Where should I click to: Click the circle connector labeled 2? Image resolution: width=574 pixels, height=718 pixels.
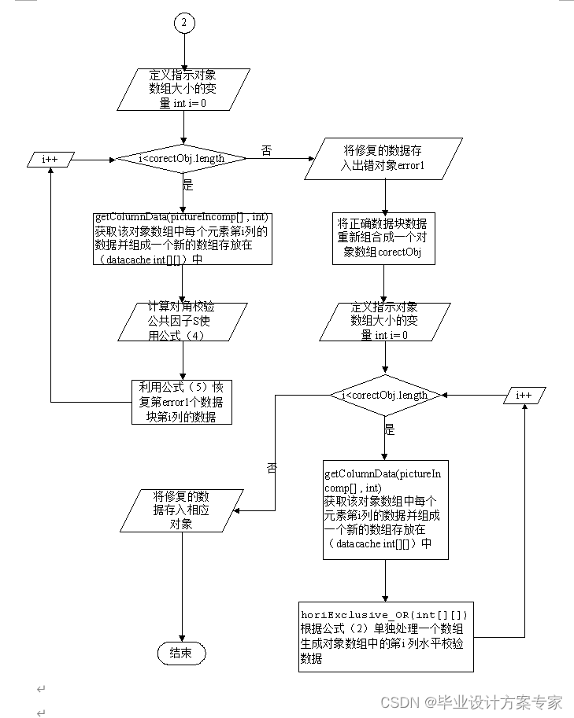(x=183, y=23)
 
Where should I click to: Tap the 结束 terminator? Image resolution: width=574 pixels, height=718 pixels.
(x=182, y=653)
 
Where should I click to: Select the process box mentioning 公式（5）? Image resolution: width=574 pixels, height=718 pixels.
(x=183, y=402)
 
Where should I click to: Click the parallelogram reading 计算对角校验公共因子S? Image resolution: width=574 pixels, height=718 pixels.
(x=183, y=322)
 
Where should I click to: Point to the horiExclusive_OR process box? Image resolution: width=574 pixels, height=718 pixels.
(x=386, y=637)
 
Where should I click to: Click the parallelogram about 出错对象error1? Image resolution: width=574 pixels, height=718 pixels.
(x=385, y=157)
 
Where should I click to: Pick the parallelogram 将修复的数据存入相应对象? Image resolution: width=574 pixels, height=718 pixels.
(x=182, y=510)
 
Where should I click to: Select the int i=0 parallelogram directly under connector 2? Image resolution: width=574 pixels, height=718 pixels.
(x=183, y=90)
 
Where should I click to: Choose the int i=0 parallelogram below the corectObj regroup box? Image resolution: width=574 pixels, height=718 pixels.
(x=385, y=321)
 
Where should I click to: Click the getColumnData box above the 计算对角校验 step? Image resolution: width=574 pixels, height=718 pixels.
(x=183, y=237)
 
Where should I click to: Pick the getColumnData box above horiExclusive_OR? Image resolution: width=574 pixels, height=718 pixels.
(x=385, y=510)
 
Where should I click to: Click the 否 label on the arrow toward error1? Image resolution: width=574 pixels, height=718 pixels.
(x=266, y=149)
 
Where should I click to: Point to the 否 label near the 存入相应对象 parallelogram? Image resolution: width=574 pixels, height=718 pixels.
(x=272, y=467)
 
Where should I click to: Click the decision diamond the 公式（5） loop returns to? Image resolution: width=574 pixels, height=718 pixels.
(x=182, y=159)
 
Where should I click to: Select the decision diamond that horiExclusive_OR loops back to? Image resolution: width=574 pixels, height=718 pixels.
(x=385, y=395)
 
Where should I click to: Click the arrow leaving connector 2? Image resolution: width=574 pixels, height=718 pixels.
(x=183, y=51)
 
